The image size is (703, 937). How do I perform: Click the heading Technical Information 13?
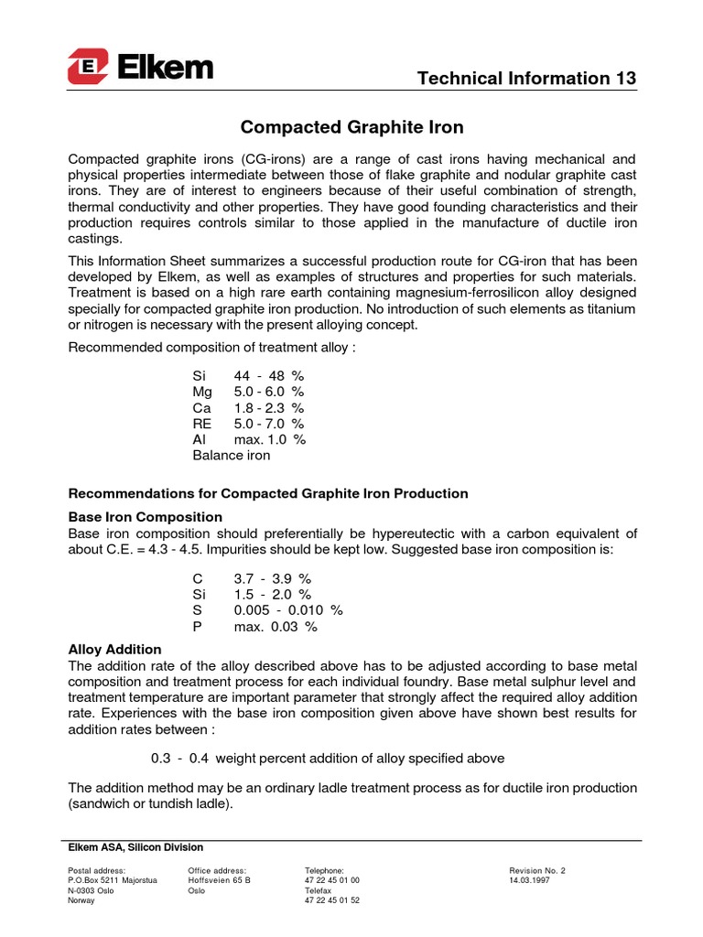[x=526, y=79]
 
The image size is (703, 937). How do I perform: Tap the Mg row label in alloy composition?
[x=202, y=392]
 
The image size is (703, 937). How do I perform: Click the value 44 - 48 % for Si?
[x=269, y=376]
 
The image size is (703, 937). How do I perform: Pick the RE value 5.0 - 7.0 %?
[x=269, y=424]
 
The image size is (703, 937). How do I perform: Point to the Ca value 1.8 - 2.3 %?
[x=269, y=408]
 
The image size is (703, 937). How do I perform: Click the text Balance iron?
[x=231, y=455]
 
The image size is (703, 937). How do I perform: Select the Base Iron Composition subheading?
[x=146, y=517]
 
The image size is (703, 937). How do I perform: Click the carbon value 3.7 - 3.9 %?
[x=276, y=579]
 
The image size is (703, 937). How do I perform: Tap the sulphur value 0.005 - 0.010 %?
[x=288, y=610]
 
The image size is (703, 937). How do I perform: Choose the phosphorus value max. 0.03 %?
[x=276, y=627]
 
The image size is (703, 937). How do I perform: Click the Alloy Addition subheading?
[x=115, y=649]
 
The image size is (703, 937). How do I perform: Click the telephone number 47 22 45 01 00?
[x=332, y=880]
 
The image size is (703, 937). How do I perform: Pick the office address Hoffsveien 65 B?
[x=219, y=880]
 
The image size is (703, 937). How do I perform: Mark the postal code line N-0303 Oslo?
[x=92, y=890]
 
